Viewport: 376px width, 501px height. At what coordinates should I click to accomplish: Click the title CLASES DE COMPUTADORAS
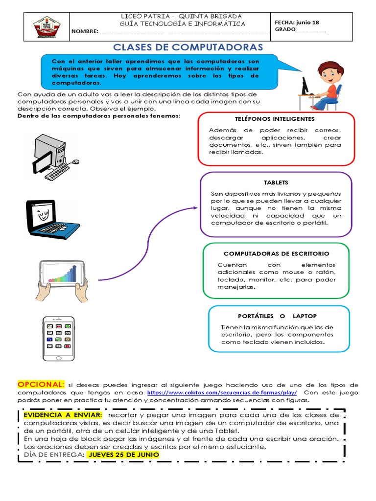[188, 47]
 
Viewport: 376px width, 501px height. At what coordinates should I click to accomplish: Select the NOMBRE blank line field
[183, 32]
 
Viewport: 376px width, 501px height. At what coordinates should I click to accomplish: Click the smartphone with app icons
[59, 338]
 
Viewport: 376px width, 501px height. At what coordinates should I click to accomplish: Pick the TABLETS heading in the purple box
[276, 182]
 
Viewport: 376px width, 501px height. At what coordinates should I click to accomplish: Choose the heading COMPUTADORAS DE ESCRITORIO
[276, 253]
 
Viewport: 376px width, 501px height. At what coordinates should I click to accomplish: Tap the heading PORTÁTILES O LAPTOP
[279, 316]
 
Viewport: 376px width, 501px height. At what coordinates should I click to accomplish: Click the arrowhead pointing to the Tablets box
[195, 208]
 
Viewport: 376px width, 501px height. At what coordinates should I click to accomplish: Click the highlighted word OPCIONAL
[41, 384]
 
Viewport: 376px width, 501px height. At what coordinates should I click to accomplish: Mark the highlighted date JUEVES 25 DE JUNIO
[123, 454]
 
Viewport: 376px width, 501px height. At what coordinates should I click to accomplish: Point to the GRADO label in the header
[285, 30]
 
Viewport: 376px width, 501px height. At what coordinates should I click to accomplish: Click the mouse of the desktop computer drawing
[75, 161]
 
